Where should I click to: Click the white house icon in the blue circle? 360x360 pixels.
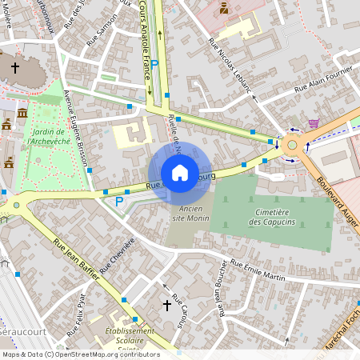pos(179,173)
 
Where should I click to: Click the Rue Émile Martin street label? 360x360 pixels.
pos(258,270)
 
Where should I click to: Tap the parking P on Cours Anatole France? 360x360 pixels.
pos(156,64)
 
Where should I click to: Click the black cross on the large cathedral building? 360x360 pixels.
pos(14,68)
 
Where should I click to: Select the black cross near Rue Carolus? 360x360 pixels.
pos(167,305)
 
